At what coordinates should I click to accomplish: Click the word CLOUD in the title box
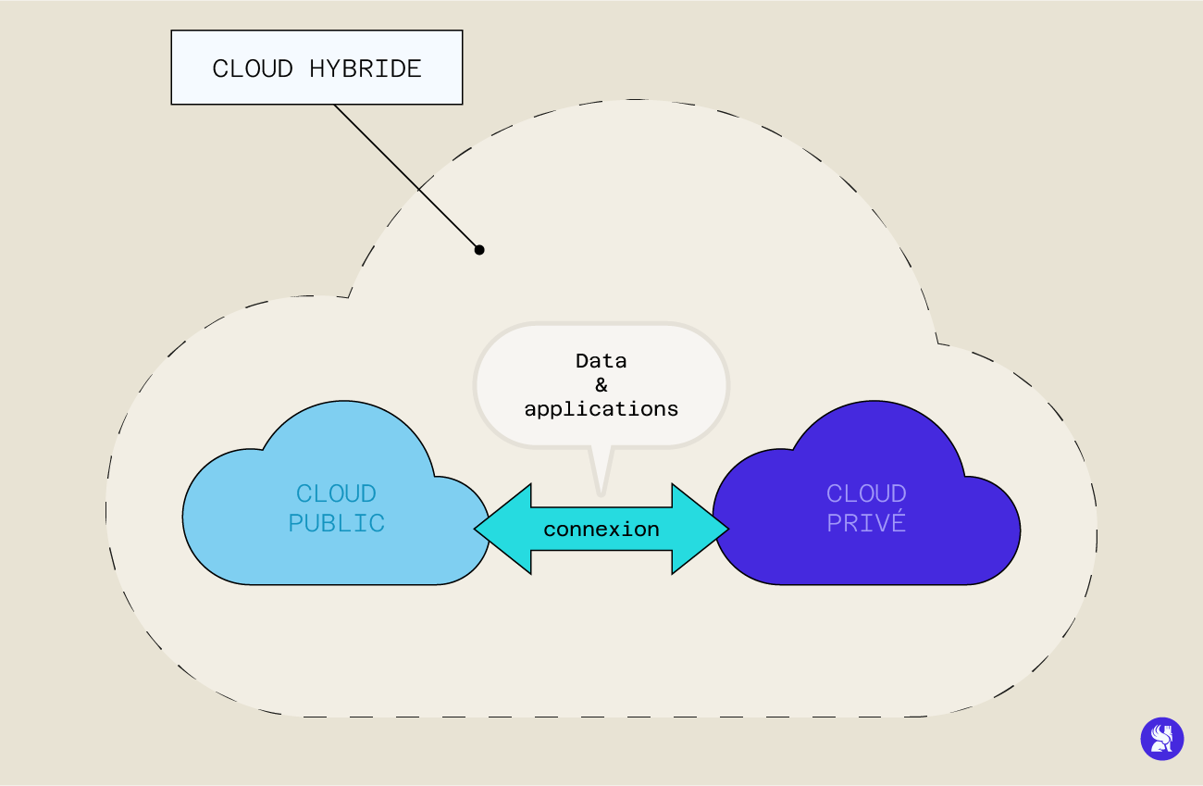[253, 69]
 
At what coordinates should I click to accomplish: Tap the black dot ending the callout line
[479, 249]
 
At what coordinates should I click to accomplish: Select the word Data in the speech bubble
[601, 360]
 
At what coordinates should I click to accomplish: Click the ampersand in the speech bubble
[601, 384]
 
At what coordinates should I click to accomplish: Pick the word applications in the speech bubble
[601, 408]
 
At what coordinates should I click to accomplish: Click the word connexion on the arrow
[601, 530]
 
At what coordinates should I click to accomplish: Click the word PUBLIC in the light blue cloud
[336, 523]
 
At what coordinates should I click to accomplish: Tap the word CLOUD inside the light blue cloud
[336, 493]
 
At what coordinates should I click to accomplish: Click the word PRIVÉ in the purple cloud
[866, 523]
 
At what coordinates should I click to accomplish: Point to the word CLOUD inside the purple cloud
[866, 493]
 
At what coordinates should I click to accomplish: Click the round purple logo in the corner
[1161, 739]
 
